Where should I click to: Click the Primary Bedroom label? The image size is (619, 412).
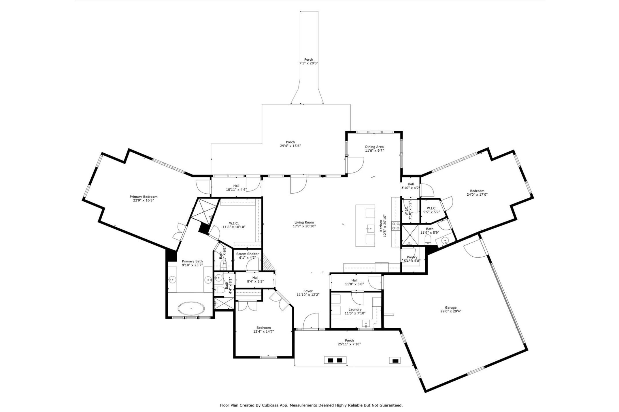click(x=144, y=197)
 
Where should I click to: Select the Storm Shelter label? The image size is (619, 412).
click(x=247, y=254)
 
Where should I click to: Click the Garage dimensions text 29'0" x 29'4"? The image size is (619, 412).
click(x=451, y=311)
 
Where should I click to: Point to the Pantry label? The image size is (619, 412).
click(x=412, y=257)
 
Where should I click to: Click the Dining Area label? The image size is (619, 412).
click(x=374, y=147)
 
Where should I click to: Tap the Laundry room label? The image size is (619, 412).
click(x=355, y=310)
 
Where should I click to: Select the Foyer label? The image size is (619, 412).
click(x=308, y=291)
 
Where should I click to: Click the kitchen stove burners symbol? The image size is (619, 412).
click(x=396, y=226)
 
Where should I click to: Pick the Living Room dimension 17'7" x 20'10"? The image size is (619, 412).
click(x=304, y=226)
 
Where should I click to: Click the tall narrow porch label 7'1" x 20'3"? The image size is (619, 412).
click(x=309, y=63)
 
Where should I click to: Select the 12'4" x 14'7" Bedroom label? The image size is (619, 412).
click(x=264, y=328)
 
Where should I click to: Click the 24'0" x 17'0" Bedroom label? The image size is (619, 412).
click(x=477, y=191)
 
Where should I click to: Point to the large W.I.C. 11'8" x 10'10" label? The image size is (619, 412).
click(x=234, y=223)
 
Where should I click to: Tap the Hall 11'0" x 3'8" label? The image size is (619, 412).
click(x=354, y=280)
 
